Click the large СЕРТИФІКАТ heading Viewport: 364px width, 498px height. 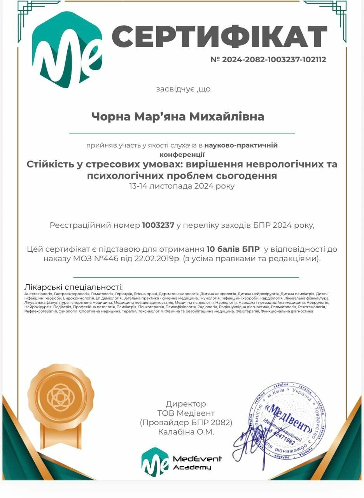click(219, 36)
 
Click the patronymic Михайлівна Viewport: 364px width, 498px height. click(227, 116)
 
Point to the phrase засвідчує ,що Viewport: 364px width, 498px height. click(183, 89)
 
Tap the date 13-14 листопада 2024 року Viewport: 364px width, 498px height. click(182, 186)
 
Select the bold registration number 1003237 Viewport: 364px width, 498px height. click(158, 225)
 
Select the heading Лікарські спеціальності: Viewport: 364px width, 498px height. click(73, 286)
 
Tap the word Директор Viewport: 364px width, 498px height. click(186, 404)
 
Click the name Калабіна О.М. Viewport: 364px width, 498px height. click(186, 432)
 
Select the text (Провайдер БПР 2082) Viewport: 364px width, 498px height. click(186, 423)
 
